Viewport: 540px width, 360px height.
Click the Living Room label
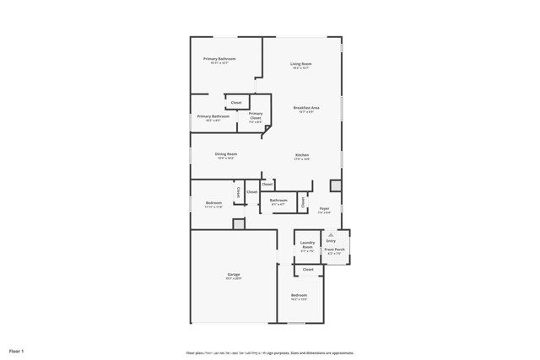[301, 64]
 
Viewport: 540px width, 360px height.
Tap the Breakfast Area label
[306, 108]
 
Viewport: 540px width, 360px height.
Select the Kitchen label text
[302, 155]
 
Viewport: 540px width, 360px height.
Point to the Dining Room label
[225, 154]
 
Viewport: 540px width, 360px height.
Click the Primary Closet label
[255, 115]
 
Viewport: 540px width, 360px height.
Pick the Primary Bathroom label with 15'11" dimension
[219, 59]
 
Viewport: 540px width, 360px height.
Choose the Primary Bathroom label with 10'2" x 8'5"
[213, 116]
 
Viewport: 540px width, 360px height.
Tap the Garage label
[234, 275]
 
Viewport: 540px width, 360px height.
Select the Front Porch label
[334, 250]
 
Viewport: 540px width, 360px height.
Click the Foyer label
[324, 208]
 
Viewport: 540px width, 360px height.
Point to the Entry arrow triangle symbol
[331, 234]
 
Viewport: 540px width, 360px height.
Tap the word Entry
[331, 241]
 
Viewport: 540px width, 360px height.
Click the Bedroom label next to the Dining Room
[213, 203]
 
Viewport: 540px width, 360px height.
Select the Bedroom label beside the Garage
[299, 295]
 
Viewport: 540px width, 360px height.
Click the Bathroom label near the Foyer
[278, 201]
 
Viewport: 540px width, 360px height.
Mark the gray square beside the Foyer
[335, 185]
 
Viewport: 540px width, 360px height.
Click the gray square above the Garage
[239, 223]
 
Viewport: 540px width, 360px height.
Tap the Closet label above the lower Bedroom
[308, 270]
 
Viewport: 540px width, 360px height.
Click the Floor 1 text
[17, 350]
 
